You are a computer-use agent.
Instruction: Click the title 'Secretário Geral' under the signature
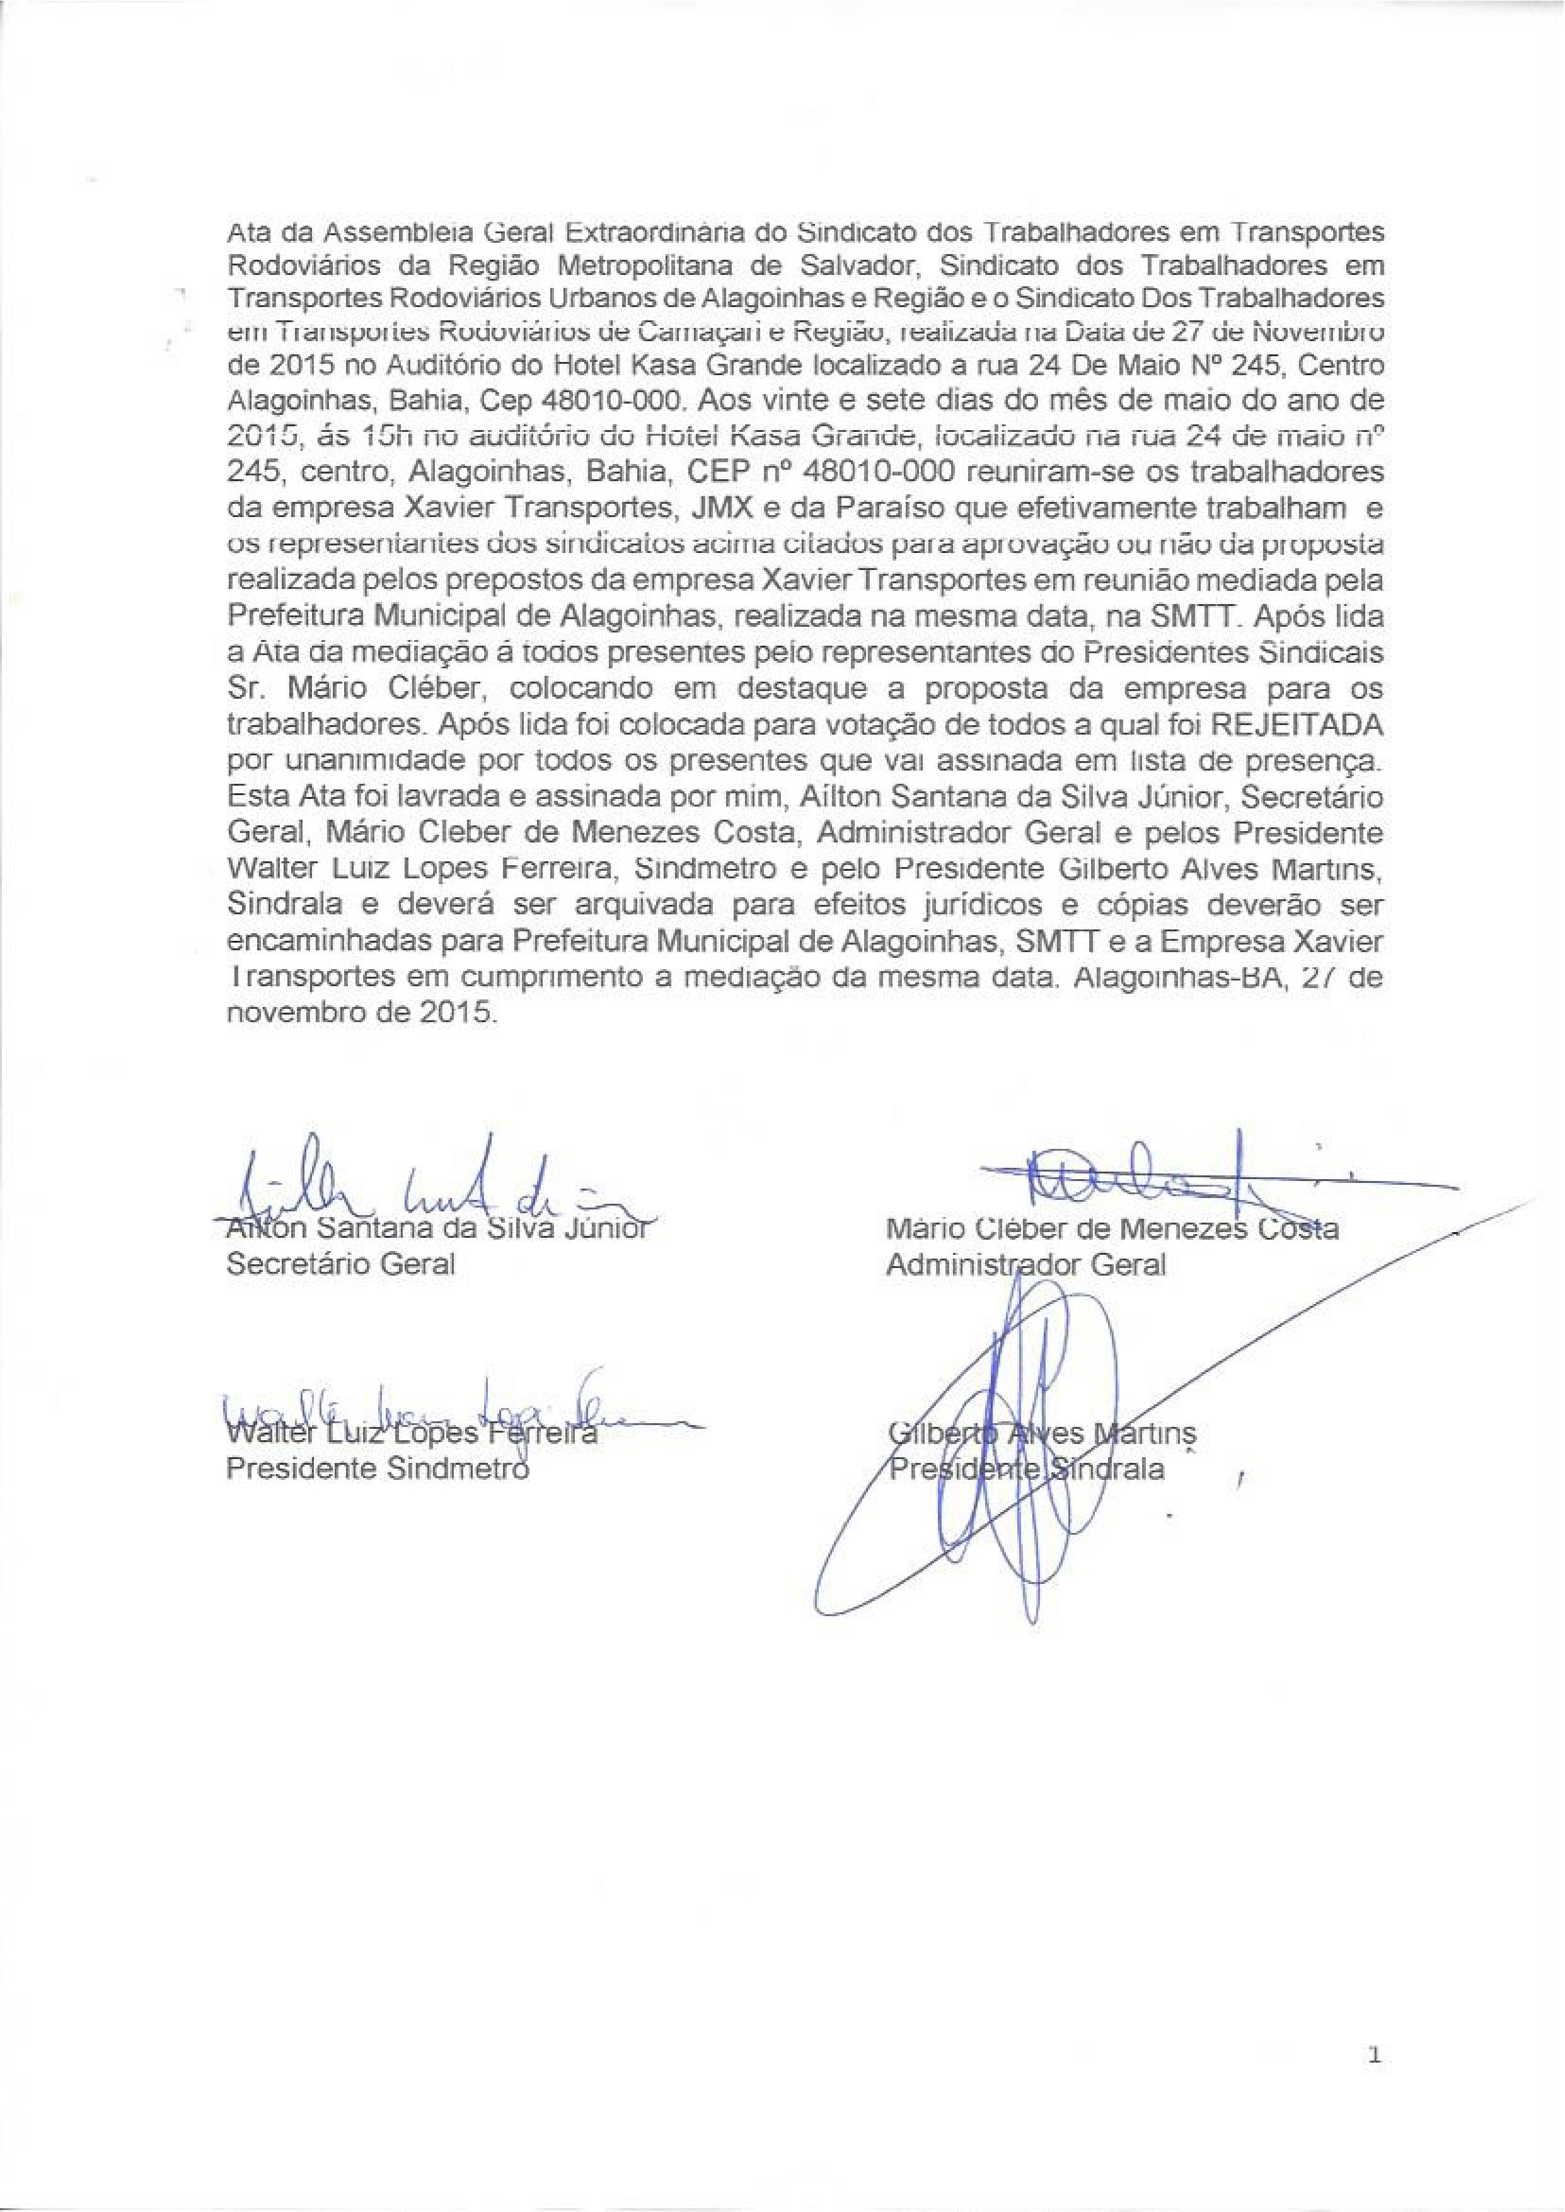pyautogui.click(x=339, y=1264)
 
